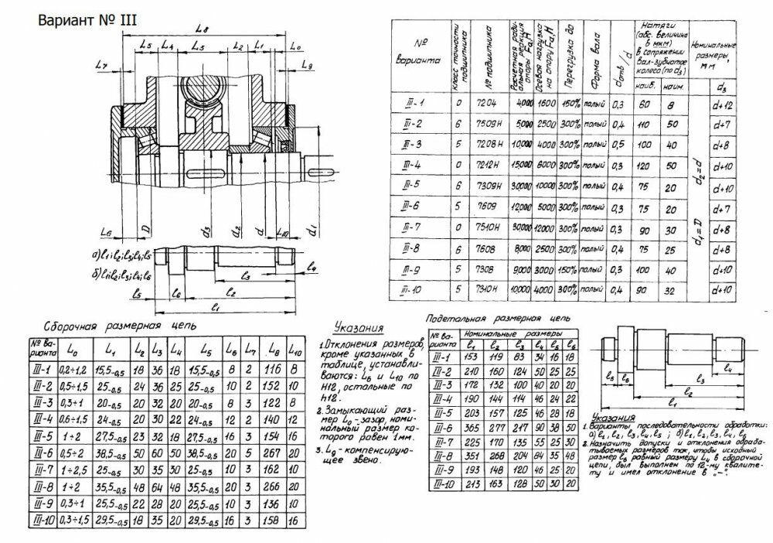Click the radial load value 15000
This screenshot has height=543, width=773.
[x=522, y=166]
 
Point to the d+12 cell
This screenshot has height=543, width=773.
[x=724, y=104]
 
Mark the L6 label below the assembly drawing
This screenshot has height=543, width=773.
[x=107, y=231]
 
